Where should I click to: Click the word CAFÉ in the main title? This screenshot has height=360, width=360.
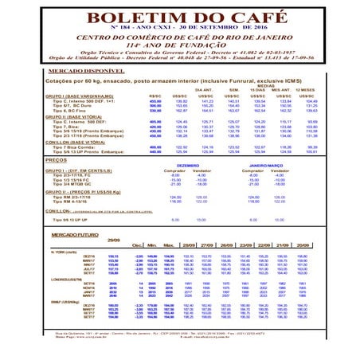pos(240,18)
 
